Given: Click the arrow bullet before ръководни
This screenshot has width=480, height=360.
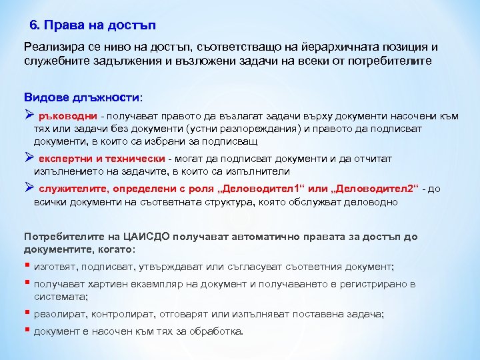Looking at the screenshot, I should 29,115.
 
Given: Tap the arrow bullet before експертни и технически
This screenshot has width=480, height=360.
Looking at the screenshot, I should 29,159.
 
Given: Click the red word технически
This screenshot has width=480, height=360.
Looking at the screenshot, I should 137,159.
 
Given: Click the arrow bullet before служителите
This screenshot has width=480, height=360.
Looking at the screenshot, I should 29,189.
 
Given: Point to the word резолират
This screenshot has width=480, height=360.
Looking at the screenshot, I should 61,314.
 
